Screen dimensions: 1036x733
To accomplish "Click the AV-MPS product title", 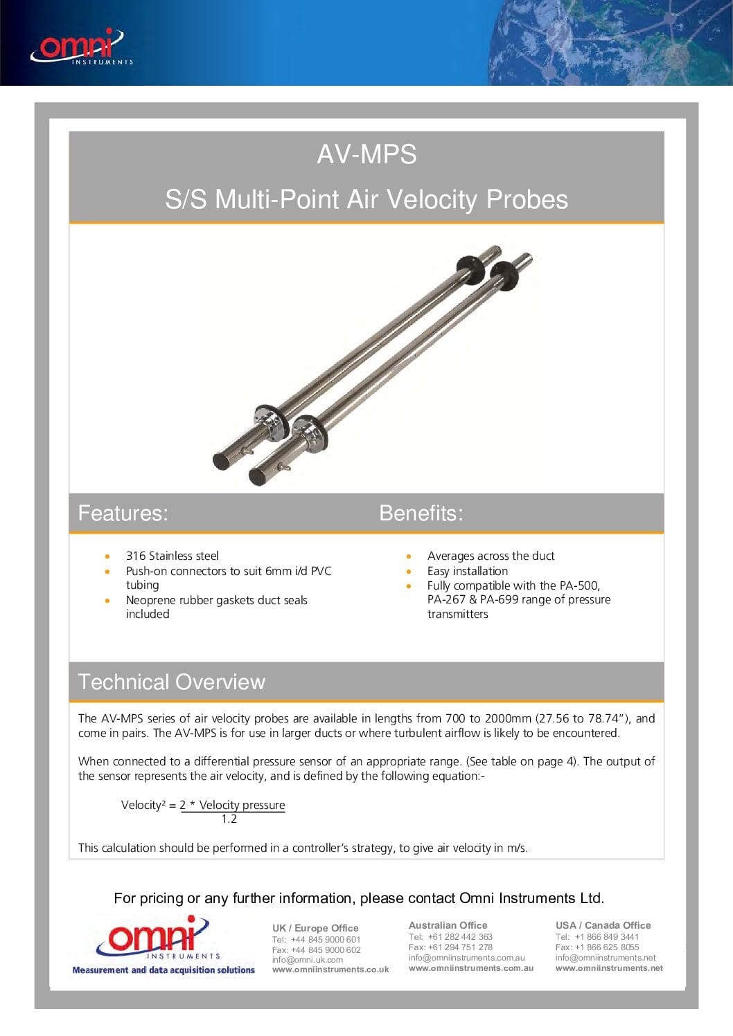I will click(x=366, y=154).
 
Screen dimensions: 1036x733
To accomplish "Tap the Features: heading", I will click(x=123, y=513).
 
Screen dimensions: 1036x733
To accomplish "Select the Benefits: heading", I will click(x=421, y=513).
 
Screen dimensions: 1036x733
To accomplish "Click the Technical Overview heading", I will click(x=171, y=682).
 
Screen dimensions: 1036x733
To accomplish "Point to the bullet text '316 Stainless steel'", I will click(x=172, y=556).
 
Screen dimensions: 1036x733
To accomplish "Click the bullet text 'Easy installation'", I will click(x=467, y=571).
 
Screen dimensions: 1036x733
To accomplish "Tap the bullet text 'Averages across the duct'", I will click(x=491, y=556).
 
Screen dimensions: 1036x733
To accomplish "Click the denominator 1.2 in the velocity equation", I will click(x=229, y=819).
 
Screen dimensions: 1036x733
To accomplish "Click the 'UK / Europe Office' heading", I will click(x=315, y=928).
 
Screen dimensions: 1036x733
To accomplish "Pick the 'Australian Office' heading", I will click(x=448, y=925).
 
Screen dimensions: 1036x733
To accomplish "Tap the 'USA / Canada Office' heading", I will click(x=603, y=925).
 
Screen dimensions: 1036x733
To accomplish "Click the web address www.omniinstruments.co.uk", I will click(x=330, y=970).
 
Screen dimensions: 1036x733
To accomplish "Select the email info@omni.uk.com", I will click(x=307, y=960).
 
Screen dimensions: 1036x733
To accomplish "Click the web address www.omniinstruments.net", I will click(x=608, y=968).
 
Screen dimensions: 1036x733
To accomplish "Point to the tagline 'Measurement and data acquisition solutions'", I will click(x=164, y=970).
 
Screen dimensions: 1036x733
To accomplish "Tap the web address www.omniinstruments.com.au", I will click(x=470, y=968).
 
